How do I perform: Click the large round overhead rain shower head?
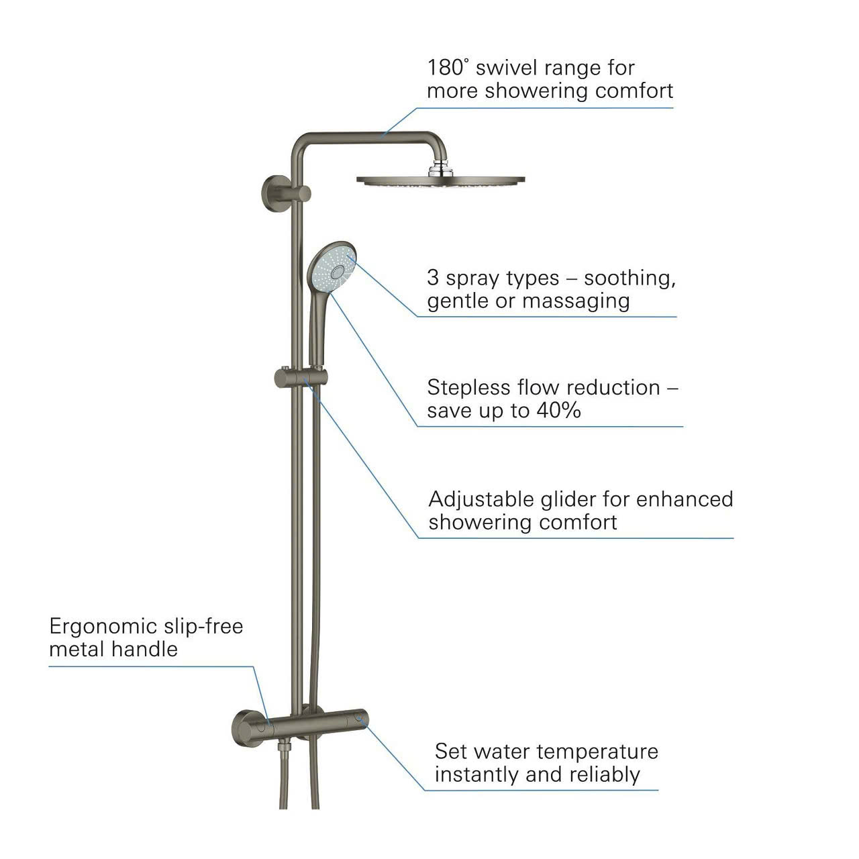coord(440,181)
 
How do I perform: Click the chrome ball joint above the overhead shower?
coord(440,167)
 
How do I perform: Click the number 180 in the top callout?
coord(446,67)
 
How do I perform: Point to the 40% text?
coord(558,410)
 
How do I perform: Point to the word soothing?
coord(629,278)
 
